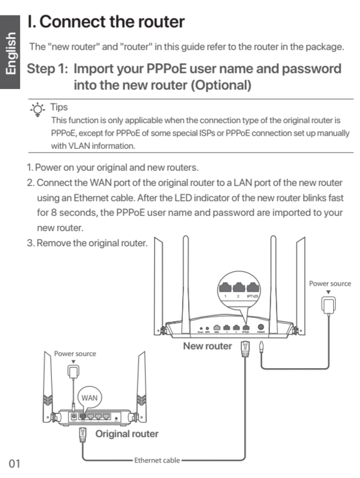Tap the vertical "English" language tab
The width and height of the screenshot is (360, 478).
(x=11, y=54)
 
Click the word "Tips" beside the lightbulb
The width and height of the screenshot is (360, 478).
(x=59, y=108)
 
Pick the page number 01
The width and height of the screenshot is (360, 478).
(x=15, y=462)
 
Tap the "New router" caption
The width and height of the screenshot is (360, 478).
(x=207, y=345)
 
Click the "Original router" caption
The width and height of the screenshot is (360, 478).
(x=127, y=433)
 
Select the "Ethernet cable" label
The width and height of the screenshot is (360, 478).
(x=156, y=461)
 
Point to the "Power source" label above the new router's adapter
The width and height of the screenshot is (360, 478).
(x=330, y=283)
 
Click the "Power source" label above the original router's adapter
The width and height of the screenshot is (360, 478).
(x=75, y=354)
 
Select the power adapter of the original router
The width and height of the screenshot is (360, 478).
(x=75, y=372)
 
